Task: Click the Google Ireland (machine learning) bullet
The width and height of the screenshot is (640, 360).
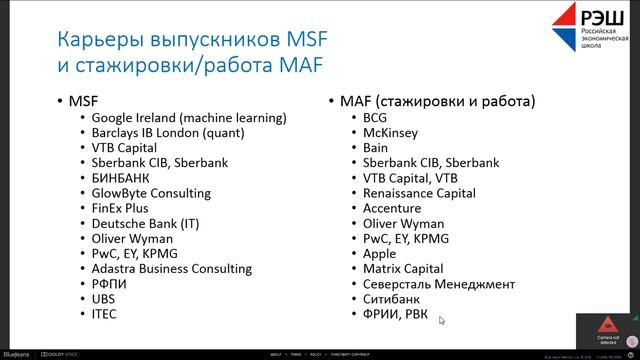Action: (188, 117)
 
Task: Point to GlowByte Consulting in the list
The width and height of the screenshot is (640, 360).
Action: (150, 193)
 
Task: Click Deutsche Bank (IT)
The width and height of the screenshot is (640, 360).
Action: (144, 223)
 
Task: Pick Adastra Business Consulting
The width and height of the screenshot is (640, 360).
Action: (171, 269)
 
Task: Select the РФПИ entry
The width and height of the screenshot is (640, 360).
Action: (109, 284)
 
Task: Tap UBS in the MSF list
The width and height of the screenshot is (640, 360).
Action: (104, 299)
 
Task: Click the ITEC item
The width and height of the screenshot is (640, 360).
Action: (105, 314)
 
